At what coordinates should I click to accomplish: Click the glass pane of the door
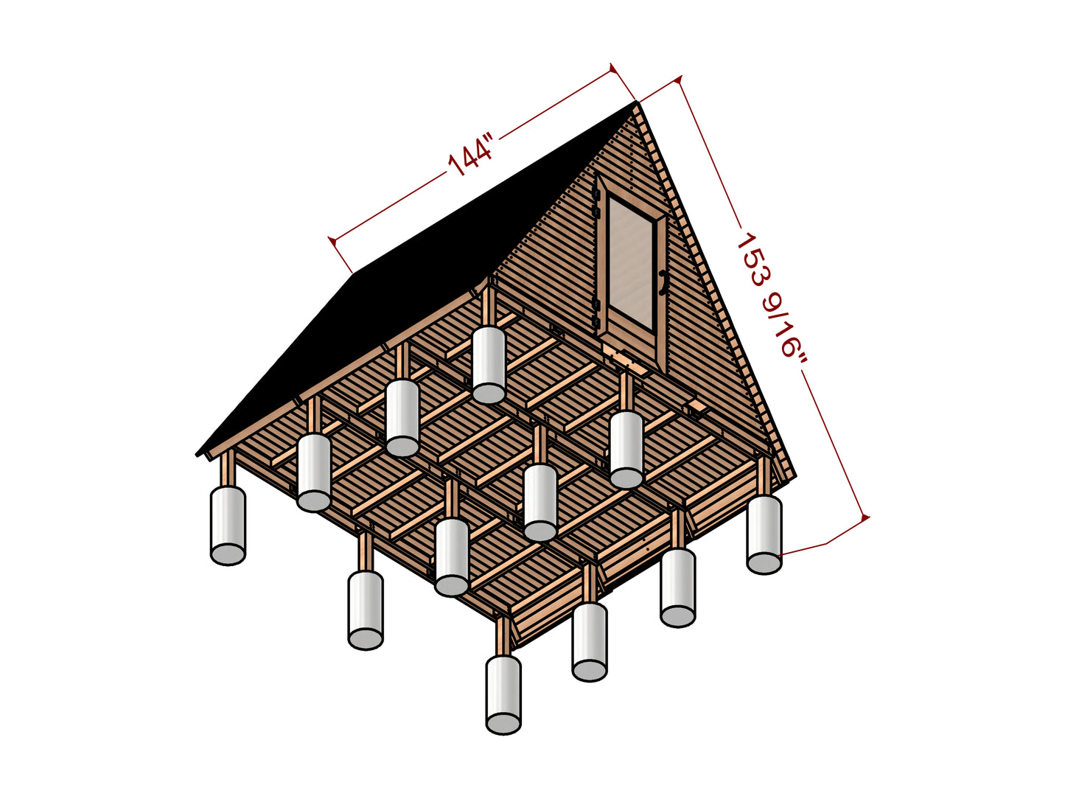click(x=630, y=262)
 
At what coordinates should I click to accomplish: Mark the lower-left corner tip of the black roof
click(x=197, y=455)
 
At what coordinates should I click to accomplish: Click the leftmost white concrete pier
click(x=228, y=525)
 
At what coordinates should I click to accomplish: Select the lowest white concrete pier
click(x=503, y=694)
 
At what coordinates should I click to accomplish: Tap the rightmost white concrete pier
click(x=764, y=534)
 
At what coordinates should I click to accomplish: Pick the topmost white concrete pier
click(x=489, y=365)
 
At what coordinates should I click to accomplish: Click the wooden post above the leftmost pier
click(x=227, y=468)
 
